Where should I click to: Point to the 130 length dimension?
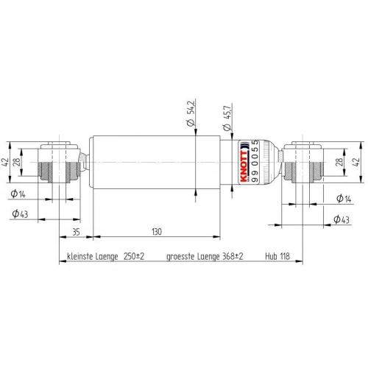[157, 232]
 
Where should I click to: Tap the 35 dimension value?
[76, 232]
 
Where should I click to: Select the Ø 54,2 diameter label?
[191, 113]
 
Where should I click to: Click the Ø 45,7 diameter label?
[227, 118]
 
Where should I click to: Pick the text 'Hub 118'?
[277, 256]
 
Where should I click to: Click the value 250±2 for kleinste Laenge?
[134, 256]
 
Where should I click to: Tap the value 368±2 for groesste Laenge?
[233, 256]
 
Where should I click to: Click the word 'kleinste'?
[79, 256]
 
